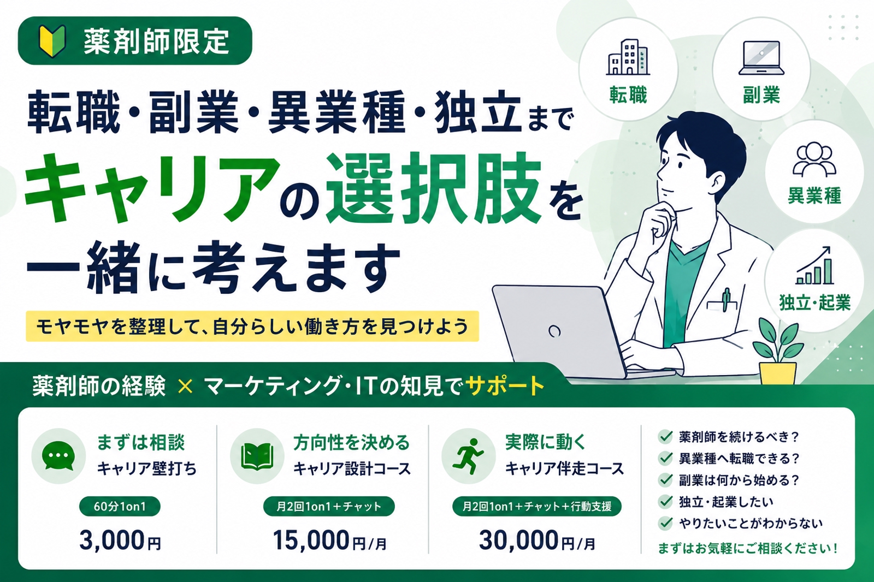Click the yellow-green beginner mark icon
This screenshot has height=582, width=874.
point(52,40)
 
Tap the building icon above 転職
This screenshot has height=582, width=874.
point(628,57)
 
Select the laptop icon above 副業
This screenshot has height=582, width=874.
point(761,58)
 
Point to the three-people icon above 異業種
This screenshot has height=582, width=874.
point(814,160)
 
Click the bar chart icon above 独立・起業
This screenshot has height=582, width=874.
point(814,266)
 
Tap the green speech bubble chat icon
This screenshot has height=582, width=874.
point(58,456)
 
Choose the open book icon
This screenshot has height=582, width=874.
point(257,456)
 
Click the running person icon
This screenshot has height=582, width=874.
point(468,456)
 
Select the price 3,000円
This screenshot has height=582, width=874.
point(120,541)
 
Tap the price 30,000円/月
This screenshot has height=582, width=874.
point(538,541)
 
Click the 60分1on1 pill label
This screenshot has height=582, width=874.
point(120,506)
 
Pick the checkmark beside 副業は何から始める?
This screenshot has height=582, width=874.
point(665,479)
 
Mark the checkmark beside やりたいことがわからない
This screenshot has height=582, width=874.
point(665,522)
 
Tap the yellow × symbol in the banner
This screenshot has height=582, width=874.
point(185,386)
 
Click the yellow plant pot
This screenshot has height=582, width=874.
point(778,373)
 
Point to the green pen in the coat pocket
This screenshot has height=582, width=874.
point(726,300)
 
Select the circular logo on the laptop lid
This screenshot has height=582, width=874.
point(554,331)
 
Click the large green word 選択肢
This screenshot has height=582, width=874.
point(434,188)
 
